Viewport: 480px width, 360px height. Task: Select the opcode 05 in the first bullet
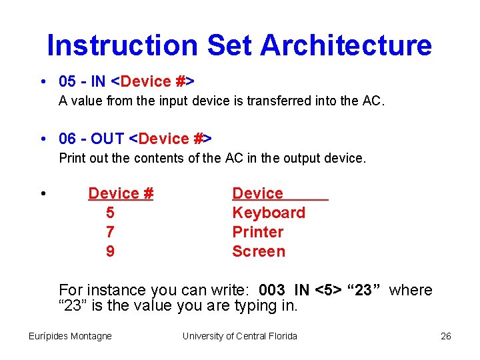(67, 81)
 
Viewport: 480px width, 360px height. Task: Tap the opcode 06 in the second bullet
(67, 139)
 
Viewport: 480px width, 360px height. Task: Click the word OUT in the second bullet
(107, 139)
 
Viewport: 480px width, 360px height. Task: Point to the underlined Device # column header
(121, 193)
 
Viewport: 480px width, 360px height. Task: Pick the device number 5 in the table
(110, 213)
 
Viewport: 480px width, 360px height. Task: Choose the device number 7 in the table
(110, 232)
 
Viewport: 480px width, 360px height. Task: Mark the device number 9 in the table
(110, 251)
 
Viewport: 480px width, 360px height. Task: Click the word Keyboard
(268, 213)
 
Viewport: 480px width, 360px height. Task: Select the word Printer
(257, 232)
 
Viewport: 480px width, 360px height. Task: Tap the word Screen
(258, 251)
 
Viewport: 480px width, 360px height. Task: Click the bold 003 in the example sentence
(271, 290)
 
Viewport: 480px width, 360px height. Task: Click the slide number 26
(446, 336)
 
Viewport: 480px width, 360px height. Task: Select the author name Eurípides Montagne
(70, 336)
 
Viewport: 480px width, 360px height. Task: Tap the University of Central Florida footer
(239, 336)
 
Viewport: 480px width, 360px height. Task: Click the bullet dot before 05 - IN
(43, 82)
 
